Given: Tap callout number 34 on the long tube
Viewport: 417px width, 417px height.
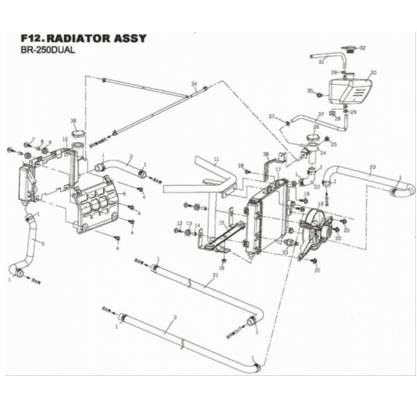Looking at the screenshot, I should (x=194, y=84).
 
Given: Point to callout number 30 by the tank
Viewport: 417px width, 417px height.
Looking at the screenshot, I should (x=373, y=72).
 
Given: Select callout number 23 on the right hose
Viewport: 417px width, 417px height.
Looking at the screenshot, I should (x=372, y=167).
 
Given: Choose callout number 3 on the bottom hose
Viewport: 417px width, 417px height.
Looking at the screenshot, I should (x=175, y=317).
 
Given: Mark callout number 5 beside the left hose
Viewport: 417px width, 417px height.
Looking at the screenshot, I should (x=42, y=243).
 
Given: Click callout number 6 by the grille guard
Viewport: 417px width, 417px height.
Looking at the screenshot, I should (x=124, y=193).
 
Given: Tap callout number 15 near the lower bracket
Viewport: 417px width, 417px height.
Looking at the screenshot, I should (x=221, y=223).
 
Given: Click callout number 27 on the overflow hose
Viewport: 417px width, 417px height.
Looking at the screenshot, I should (x=321, y=114).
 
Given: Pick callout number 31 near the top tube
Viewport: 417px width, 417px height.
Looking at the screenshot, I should (x=321, y=62).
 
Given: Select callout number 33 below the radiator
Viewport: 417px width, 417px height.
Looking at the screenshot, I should (x=285, y=253).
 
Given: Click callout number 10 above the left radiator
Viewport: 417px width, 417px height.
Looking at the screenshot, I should (x=65, y=139).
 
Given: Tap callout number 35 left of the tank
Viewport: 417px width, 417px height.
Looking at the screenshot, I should (x=310, y=91).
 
